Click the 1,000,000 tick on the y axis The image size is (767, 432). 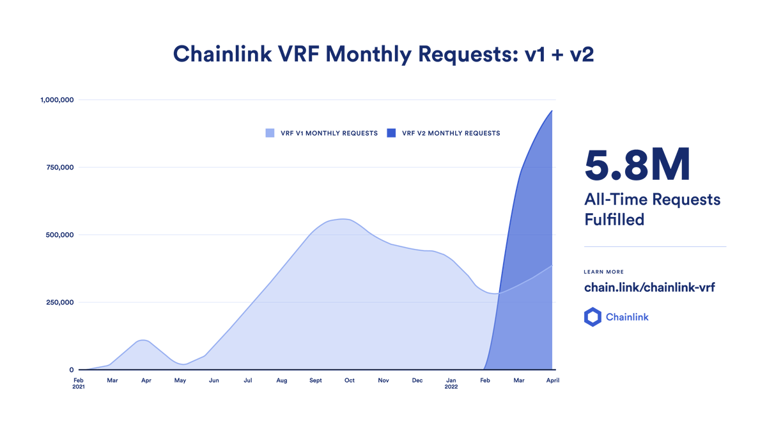coord(58,100)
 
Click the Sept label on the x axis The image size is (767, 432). coord(315,381)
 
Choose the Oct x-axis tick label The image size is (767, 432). coord(349,381)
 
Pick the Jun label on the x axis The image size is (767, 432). coord(213,381)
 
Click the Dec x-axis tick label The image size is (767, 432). coord(417,381)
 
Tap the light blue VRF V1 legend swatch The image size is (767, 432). coord(270,133)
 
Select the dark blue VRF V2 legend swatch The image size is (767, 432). coord(391,133)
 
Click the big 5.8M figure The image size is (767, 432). coord(637,164)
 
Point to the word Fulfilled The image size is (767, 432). coord(614,220)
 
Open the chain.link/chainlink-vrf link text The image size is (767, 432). coord(649,287)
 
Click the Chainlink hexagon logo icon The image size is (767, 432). coord(593,317)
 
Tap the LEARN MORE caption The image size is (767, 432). coord(603,272)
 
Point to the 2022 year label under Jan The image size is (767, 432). coord(451,387)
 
